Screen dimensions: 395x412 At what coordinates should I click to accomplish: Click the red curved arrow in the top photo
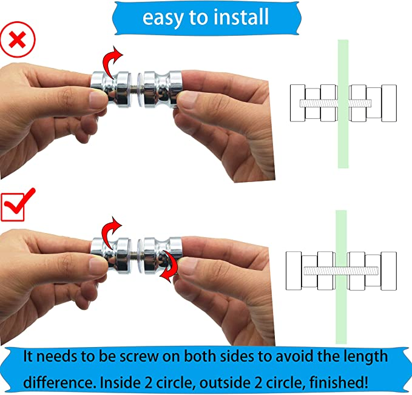[112, 61]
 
